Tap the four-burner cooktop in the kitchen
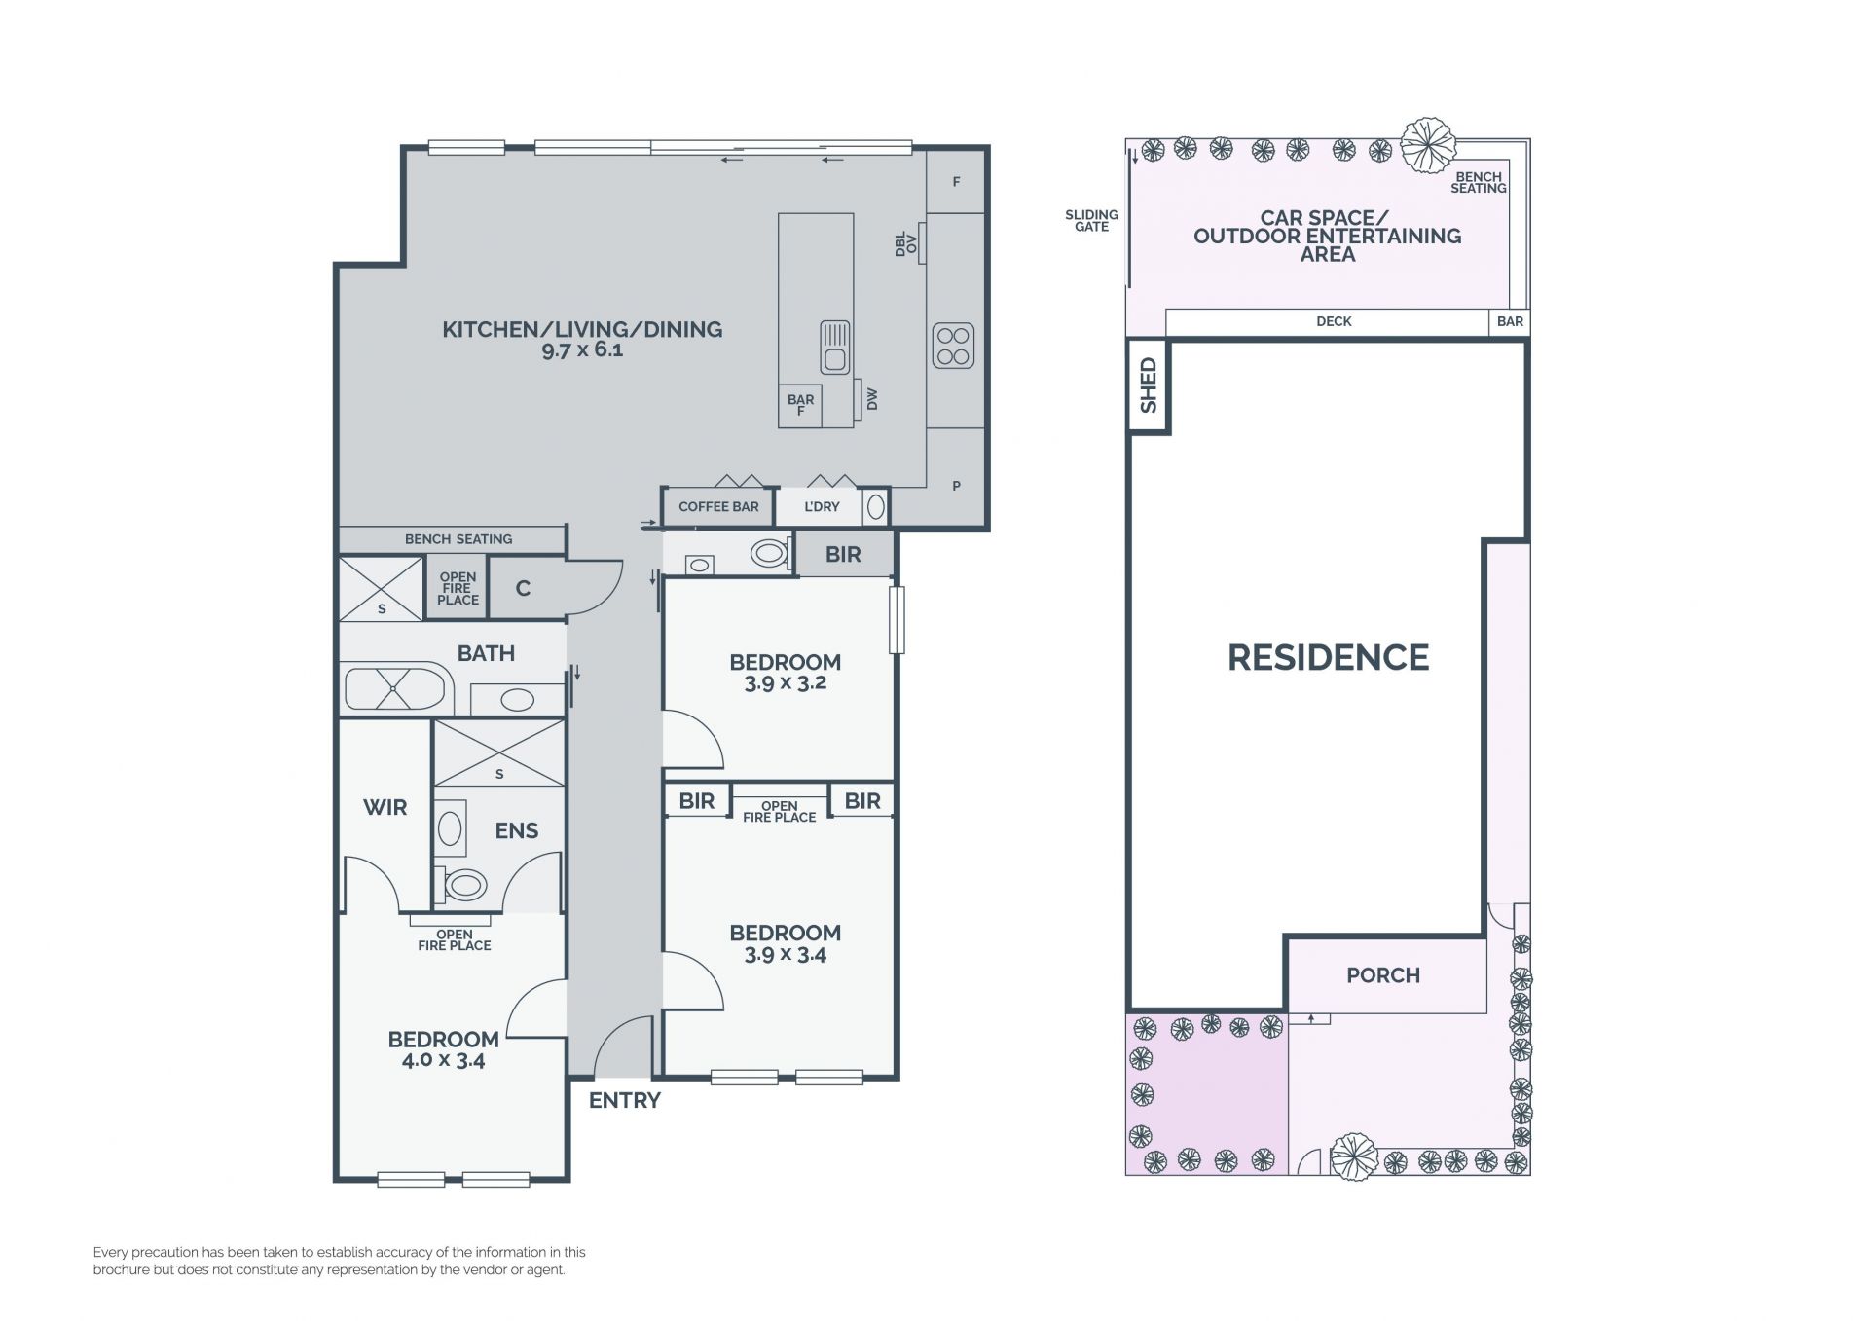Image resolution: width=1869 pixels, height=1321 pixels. point(953,346)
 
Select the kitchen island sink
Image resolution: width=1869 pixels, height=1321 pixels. point(834,348)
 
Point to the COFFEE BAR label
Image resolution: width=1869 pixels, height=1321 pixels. point(718,507)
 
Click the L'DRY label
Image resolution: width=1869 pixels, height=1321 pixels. point(822,507)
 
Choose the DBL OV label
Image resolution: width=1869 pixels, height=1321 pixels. point(905,243)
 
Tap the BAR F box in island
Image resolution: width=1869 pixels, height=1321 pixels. point(800,405)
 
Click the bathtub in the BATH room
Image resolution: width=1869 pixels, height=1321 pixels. point(395,687)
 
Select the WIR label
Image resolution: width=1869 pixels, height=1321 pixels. point(385,807)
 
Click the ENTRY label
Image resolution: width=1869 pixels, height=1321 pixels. point(625,1100)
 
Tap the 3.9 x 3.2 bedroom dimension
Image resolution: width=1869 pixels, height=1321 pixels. point(786,683)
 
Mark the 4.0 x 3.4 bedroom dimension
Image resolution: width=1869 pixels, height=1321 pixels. point(443,1060)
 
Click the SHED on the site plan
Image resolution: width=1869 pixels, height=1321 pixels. point(1149,385)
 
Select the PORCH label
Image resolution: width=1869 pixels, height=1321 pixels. point(1383,975)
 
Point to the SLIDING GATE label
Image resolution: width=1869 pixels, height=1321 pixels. point(1091,221)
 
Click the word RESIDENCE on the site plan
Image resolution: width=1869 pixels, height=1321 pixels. point(1328,658)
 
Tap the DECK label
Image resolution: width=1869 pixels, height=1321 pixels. point(1334,321)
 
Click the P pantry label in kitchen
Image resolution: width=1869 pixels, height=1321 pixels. point(956,486)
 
